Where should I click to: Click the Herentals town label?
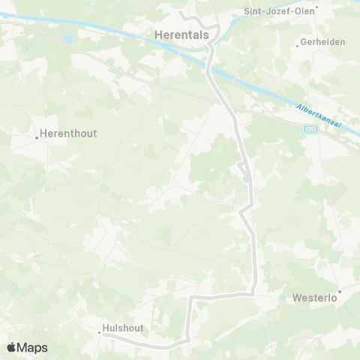point(181,34)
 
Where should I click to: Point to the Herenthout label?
point(68,133)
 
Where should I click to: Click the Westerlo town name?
point(312,297)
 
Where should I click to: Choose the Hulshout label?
point(122,328)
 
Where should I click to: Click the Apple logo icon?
point(12,347)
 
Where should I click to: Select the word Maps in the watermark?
point(32,347)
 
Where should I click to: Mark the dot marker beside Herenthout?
point(36,138)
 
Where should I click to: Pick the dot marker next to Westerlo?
point(339,290)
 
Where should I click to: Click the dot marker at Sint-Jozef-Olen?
point(317,8)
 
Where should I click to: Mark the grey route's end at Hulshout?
point(105,336)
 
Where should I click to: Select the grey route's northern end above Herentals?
point(181,12)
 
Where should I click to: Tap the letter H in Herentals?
point(158,34)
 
